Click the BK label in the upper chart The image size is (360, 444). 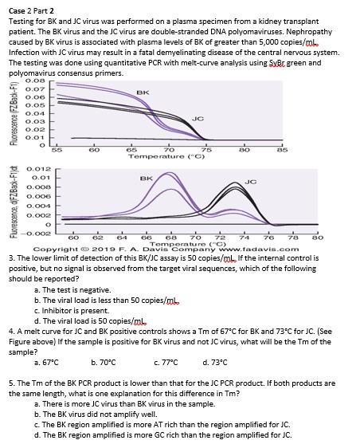142,92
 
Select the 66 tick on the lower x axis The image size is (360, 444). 145,237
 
